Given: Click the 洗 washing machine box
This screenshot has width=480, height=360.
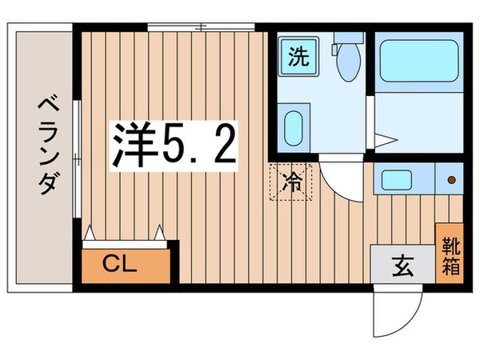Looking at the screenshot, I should point(298,58).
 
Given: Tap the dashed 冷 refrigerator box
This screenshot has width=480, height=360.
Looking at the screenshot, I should point(293,182).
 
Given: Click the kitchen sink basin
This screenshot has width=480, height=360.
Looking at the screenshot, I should point(398,178).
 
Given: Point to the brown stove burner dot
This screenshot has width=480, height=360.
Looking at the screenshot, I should point(451,178).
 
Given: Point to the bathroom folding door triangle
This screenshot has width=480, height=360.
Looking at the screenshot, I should point(386,141).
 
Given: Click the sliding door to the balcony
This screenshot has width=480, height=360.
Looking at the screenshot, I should point(77,160).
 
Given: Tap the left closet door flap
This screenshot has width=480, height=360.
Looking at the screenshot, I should point(90,234).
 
